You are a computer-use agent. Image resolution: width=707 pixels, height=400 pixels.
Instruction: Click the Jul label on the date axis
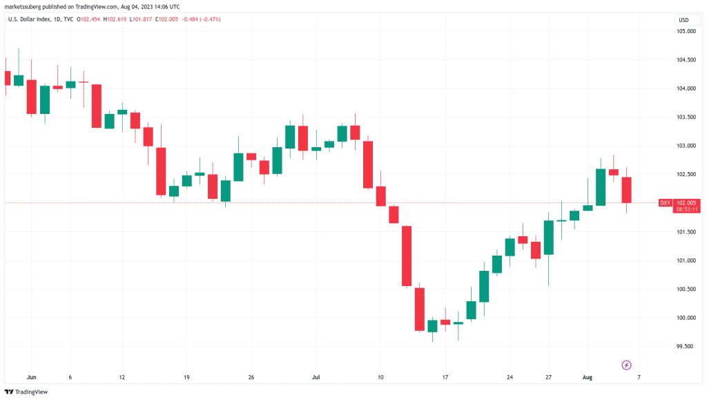[316, 377]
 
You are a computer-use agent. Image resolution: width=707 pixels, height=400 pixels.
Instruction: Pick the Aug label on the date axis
[587, 377]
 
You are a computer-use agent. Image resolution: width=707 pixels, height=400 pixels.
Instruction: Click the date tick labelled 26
[251, 377]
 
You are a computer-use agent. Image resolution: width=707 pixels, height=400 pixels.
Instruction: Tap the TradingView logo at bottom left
[27, 390]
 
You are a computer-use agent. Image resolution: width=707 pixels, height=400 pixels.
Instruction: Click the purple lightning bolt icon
[627, 364]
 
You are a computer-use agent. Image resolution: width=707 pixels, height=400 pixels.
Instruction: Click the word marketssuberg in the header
[23, 7]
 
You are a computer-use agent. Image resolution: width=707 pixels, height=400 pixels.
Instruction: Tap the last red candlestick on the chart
[627, 189]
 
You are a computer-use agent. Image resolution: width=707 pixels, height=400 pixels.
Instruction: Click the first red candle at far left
[7, 77]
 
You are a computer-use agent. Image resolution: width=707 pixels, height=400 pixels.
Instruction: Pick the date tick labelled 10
[380, 377]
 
